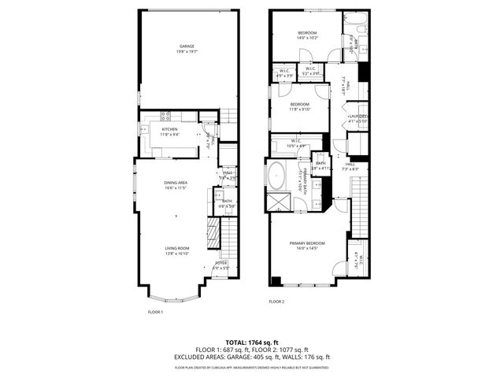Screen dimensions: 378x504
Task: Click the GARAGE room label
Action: click(186, 46)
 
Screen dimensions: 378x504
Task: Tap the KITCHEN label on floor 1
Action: click(170, 129)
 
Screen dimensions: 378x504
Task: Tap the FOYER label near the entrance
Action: click(220, 263)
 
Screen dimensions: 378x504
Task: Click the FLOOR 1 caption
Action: click(155, 312)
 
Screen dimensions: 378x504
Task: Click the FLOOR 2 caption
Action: click(276, 302)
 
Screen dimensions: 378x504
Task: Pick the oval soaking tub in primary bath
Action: click(277, 176)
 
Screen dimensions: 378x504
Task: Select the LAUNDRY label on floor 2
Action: click(358, 116)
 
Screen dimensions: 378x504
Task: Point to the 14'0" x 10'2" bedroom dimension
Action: click(306, 38)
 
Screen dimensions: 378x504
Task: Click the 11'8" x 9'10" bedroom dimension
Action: click(300, 109)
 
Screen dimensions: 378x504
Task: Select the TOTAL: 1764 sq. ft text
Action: click(252, 343)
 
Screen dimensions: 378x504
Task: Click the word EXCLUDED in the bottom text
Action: click(191, 357)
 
